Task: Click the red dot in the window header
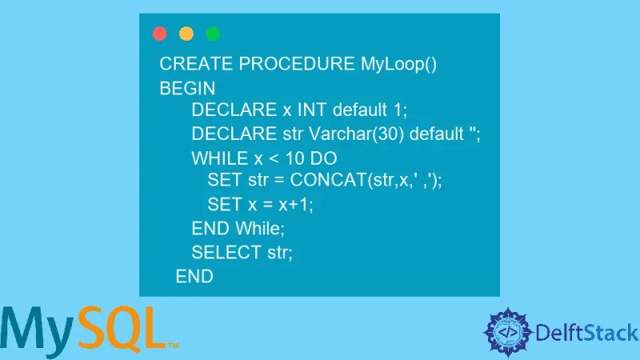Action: [x=160, y=34]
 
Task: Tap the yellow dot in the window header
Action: [x=186, y=34]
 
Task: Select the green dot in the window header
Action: [x=213, y=34]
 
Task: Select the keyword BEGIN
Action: [x=188, y=89]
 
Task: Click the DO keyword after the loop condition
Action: [x=324, y=158]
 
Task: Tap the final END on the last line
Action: [x=194, y=277]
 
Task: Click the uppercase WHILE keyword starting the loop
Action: [x=215, y=158]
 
